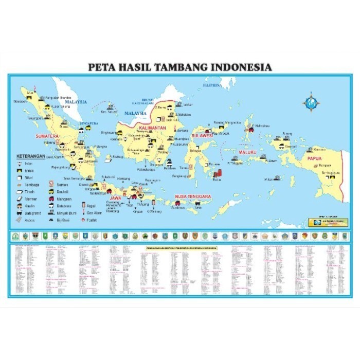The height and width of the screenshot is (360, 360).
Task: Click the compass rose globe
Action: click(x=311, y=102)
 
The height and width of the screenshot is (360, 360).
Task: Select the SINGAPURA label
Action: click(x=89, y=123)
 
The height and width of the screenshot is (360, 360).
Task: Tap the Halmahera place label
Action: click(x=262, y=125)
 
